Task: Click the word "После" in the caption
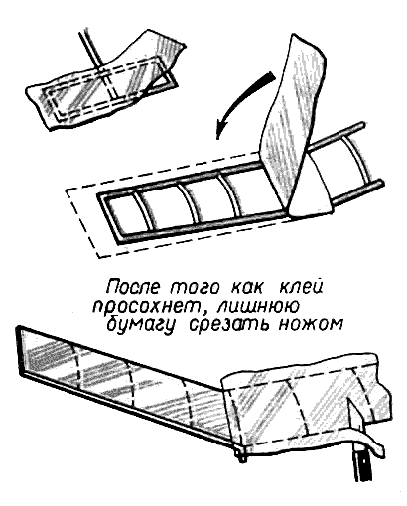click(133, 287)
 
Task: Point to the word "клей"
click(301, 287)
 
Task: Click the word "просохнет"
click(147, 307)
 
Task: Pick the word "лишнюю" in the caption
click(258, 307)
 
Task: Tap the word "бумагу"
click(140, 326)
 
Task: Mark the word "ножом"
click(310, 325)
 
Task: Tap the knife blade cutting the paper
click(355, 420)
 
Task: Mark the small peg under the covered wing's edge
click(241, 454)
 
